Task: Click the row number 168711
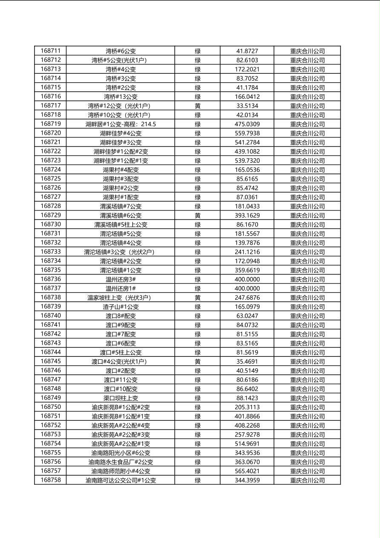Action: coord(50,51)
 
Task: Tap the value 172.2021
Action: coord(247,69)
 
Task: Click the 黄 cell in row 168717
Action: coord(198,106)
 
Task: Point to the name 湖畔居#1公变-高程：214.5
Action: coord(121,124)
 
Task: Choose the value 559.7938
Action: coord(247,133)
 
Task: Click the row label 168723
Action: coord(50,160)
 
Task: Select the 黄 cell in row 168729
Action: coord(198,215)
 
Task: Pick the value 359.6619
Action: coord(247,270)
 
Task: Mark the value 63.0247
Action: coord(247,316)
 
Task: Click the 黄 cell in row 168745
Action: coord(198,362)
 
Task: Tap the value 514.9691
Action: coord(247,444)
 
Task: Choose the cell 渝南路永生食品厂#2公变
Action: coord(121,462)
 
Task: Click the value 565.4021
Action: coord(247,471)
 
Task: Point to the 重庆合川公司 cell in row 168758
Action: coord(307,480)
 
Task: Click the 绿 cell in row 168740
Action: coord(198,316)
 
